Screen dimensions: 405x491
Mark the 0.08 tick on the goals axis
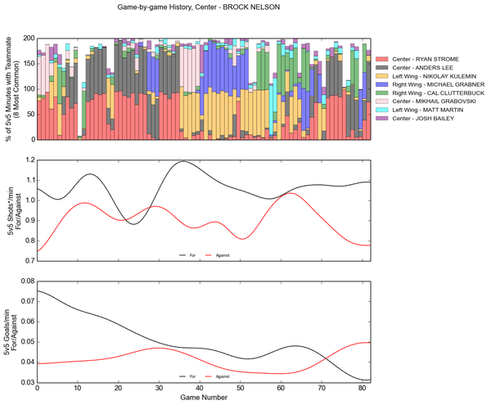point(26,281)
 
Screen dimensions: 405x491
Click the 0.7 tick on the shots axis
point(29,261)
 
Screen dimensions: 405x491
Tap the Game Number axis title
point(204,399)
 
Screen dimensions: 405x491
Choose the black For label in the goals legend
point(192,376)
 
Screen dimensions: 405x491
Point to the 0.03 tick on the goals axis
point(26,382)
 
